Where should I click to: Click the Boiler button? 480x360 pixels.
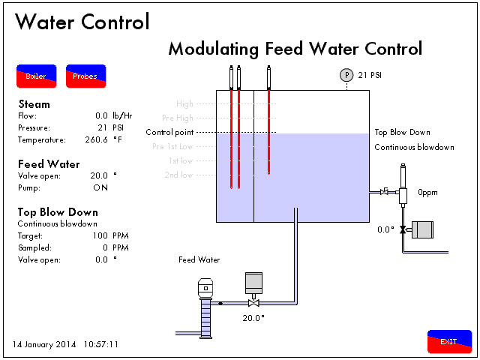coord(36,76)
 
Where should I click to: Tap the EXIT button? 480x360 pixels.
coord(449,341)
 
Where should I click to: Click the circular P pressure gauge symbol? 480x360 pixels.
coord(346,74)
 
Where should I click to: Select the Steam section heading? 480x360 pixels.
coord(34,104)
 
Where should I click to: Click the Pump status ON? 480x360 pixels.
coord(100,187)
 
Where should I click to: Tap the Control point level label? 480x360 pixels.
coord(169,132)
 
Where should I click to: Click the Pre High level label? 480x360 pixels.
coord(178,118)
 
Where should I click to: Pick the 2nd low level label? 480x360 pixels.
coord(178,175)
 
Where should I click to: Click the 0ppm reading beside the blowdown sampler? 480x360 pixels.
coord(427,192)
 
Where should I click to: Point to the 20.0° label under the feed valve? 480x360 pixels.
coord(253,317)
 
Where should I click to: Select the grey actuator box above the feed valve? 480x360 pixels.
coord(254,282)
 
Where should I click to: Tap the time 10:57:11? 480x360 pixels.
coord(101,345)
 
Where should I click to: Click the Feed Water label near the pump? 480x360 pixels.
coord(199,260)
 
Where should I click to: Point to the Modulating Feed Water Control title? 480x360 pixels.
coord(295,49)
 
